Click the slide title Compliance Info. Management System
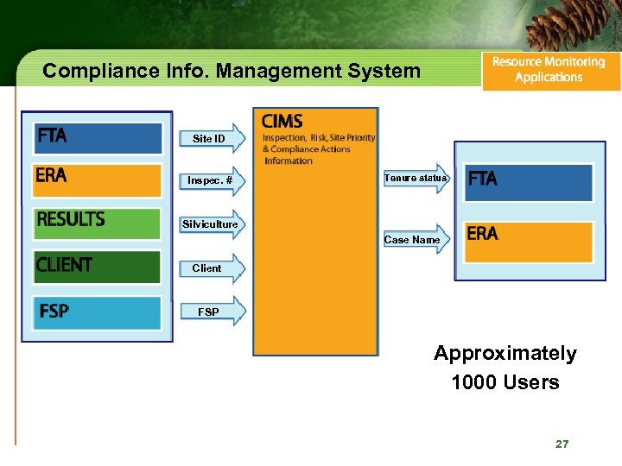click(232, 71)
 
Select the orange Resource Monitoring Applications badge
click(550, 70)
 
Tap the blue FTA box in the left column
click(98, 137)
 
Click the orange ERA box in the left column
click(98, 179)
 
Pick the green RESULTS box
click(98, 223)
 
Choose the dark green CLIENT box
click(98, 266)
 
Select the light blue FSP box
click(98, 312)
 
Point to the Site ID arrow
click(212, 138)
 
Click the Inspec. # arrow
click(212, 180)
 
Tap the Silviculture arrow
click(212, 224)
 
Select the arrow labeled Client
click(212, 268)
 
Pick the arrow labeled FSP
click(212, 312)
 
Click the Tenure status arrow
click(416, 178)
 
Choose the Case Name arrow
click(415, 239)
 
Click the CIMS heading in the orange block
click(282, 122)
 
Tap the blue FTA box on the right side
click(528, 181)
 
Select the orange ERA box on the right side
click(528, 241)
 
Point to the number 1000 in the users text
click(472, 382)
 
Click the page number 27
click(562, 444)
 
